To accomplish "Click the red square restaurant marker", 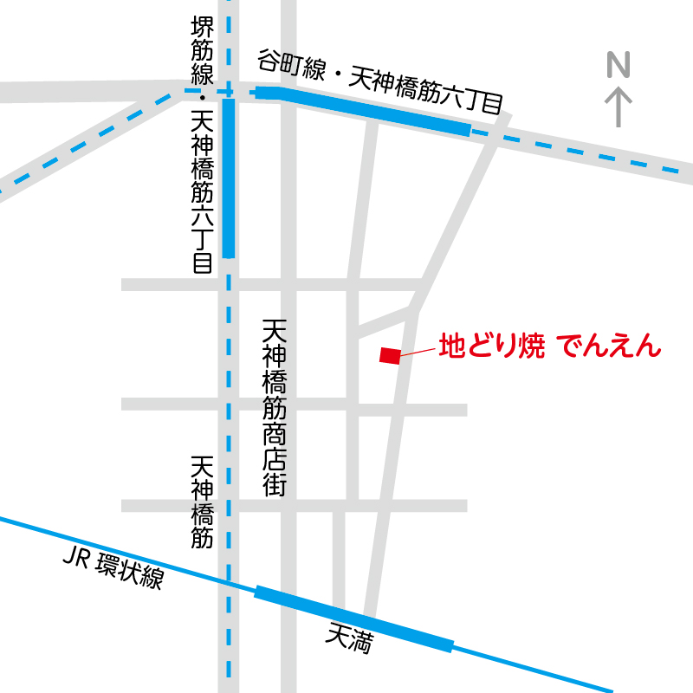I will (390, 355).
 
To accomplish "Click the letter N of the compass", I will (619, 65).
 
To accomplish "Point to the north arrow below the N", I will (619, 106).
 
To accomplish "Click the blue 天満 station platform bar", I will (353, 619).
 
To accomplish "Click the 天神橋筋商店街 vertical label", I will (275, 407).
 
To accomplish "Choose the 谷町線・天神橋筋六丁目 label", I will (379, 83).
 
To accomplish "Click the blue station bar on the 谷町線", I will (364, 111).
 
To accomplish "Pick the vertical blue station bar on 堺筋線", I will (229, 178).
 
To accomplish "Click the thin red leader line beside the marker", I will (417, 351).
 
